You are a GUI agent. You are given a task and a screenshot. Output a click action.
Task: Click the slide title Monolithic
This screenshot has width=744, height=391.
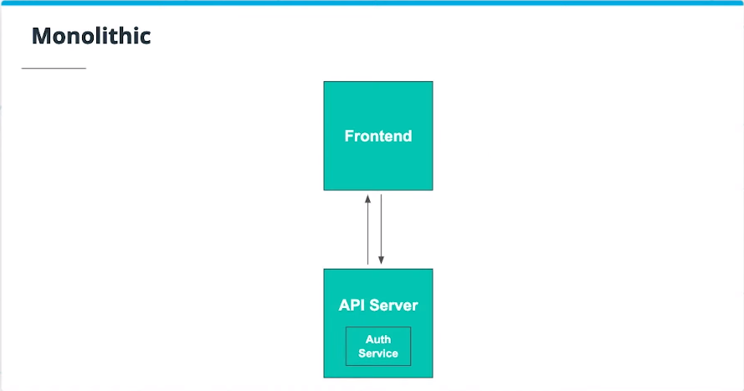[90, 36]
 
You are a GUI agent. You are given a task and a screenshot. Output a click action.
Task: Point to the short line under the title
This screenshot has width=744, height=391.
[54, 68]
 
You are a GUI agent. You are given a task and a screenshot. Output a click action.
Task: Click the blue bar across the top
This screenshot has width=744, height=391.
[372, 3]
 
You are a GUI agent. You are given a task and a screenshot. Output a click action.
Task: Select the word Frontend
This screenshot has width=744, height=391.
[378, 136]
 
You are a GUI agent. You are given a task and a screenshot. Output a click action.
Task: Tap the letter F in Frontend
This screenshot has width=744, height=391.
[349, 136]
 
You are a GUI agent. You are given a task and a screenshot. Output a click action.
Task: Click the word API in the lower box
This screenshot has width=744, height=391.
[352, 305]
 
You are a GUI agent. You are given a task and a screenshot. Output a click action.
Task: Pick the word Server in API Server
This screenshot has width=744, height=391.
[394, 305]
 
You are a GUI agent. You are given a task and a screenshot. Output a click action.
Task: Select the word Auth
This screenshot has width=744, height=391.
[378, 339]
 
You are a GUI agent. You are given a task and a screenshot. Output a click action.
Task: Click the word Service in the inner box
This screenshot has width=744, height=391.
[378, 353]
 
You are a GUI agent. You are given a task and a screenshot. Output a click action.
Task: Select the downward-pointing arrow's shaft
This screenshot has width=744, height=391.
[382, 226]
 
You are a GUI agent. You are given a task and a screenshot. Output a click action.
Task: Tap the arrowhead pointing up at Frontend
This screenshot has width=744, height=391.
[367, 198]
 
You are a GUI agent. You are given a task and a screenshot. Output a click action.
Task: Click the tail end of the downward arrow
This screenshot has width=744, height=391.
[382, 195]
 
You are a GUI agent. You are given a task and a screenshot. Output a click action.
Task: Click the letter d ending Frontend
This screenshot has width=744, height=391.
[407, 136]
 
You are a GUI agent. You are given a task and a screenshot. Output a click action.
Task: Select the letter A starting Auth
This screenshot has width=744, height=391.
[369, 339]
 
